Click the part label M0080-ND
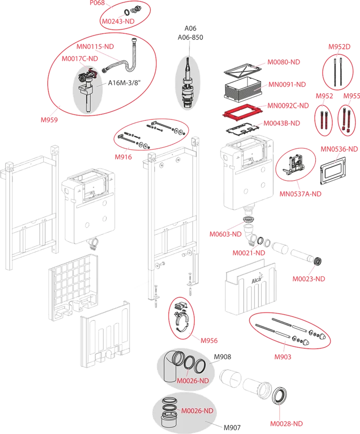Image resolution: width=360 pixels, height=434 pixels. (284, 62)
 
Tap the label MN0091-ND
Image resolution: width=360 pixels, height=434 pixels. (287, 84)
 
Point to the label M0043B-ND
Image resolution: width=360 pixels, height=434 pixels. (282, 123)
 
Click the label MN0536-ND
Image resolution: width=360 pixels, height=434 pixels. (339, 149)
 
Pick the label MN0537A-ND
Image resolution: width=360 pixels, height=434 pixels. (300, 194)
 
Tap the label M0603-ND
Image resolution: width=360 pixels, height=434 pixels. (226, 234)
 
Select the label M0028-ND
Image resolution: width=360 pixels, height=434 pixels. (287, 423)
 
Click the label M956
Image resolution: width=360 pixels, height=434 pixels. (209, 340)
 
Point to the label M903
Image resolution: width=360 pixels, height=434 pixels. (282, 356)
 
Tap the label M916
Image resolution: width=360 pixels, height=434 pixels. (123, 157)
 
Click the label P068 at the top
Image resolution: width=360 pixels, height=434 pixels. (97, 3)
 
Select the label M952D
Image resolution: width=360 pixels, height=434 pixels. (339, 47)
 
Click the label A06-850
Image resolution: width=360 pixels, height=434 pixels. (191, 37)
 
